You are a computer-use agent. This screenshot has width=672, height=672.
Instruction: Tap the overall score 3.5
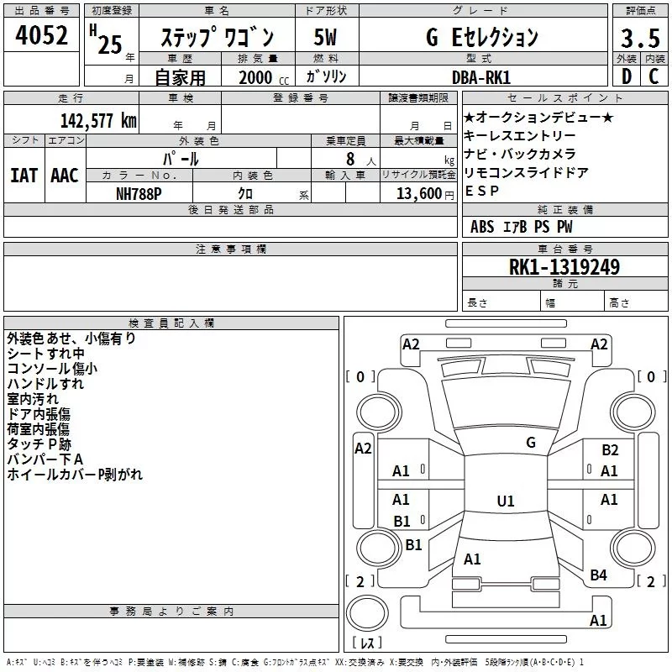point(639,39)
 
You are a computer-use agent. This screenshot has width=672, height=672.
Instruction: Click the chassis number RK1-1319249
point(564,267)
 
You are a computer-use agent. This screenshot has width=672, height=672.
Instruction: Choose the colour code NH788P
point(139,192)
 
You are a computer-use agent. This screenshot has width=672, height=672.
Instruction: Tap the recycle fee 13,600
point(412,193)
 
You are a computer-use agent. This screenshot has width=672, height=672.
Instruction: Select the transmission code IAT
point(24,175)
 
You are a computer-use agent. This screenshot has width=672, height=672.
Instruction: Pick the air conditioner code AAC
point(65,175)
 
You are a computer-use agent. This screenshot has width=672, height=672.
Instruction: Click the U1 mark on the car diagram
point(505,501)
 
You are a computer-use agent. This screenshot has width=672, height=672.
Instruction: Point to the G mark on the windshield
point(531,443)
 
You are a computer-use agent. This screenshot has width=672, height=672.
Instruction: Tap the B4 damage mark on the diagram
point(598,575)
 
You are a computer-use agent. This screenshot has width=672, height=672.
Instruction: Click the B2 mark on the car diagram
point(610,450)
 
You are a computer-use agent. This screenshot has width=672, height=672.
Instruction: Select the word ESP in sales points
point(482,191)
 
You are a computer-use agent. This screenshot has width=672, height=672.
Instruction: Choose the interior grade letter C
point(654,77)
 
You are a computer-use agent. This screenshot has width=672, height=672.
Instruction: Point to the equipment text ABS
point(482,227)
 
